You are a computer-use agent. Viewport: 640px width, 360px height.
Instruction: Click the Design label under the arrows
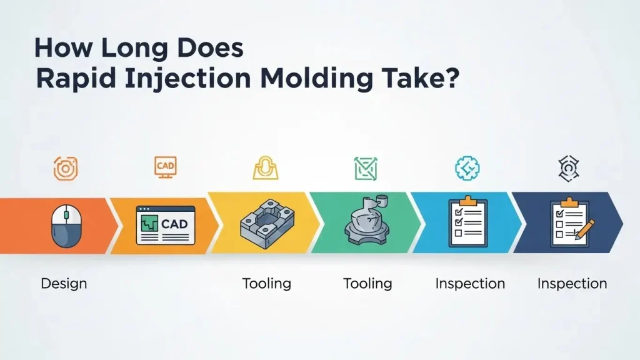point(64,284)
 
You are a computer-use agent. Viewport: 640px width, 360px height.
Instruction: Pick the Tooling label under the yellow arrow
point(267,284)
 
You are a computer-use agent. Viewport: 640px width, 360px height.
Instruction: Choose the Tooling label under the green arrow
point(367,284)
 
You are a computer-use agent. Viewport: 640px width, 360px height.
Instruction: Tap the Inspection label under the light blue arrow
point(469,284)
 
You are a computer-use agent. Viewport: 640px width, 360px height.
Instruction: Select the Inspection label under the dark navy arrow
point(572,284)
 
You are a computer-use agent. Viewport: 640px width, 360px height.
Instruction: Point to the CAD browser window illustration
point(165,225)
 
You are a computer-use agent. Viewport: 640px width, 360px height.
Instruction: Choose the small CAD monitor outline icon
point(165,167)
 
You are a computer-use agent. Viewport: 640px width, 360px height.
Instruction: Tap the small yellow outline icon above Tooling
point(264,167)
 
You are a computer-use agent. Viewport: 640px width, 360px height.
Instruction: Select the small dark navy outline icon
point(567,167)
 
